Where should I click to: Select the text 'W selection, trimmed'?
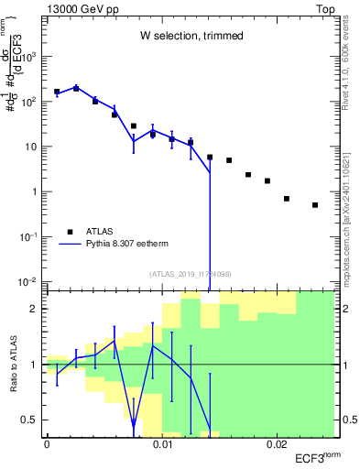(191, 36)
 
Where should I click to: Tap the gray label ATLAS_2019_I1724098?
(190, 273)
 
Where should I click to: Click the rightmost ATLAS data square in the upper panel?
(315, 205)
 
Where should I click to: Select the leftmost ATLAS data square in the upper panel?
(57, 92)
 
